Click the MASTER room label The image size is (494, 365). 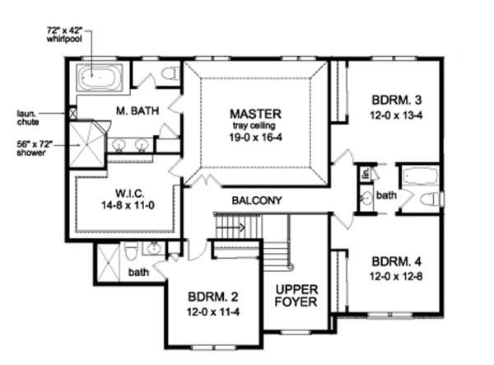[256, 113]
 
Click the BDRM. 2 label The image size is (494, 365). [213, 299]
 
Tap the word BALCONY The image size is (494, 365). [257, 200]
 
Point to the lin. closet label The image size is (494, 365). [361, 175]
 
